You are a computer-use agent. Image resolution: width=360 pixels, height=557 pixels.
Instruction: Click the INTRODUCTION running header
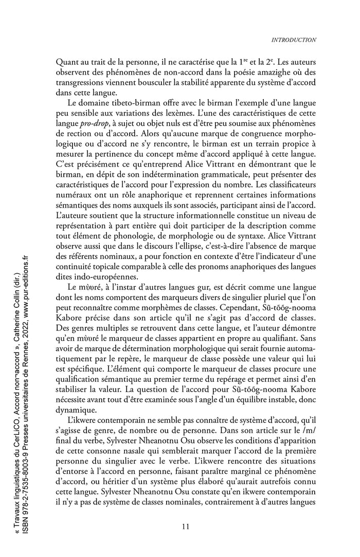pyautogui.click(x=294, y=40)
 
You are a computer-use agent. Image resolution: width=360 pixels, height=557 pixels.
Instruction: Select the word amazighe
pyautogui.click(x=255, y=72)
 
